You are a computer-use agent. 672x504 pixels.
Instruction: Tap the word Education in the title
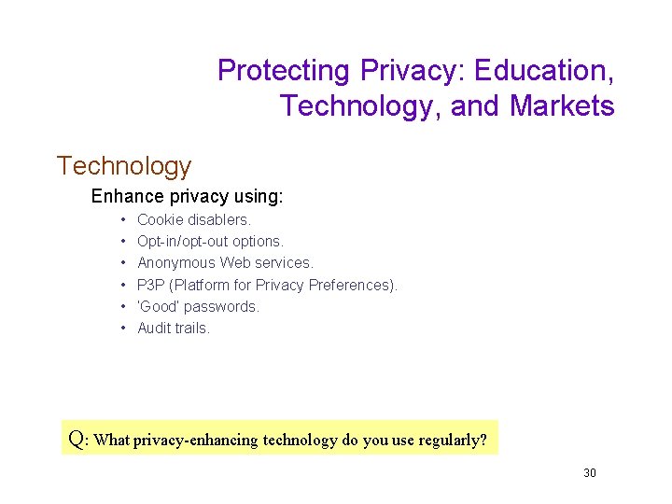click(543, 71)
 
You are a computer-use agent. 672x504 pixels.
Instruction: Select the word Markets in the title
click(562, 106)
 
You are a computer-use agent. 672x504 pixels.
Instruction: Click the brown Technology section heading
click(123, 166)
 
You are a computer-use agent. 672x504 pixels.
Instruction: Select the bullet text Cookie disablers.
click(194, 220)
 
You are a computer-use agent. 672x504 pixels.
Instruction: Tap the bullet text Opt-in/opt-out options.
click(210, 242)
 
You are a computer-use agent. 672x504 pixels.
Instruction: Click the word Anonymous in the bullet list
click(175, 263)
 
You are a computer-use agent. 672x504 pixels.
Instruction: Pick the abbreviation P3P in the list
click(151, 285)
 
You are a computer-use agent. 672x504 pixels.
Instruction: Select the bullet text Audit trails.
click(174, 328)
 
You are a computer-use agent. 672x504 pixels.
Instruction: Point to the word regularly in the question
click(451, 440)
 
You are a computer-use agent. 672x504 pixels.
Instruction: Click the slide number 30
click(589, 473)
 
